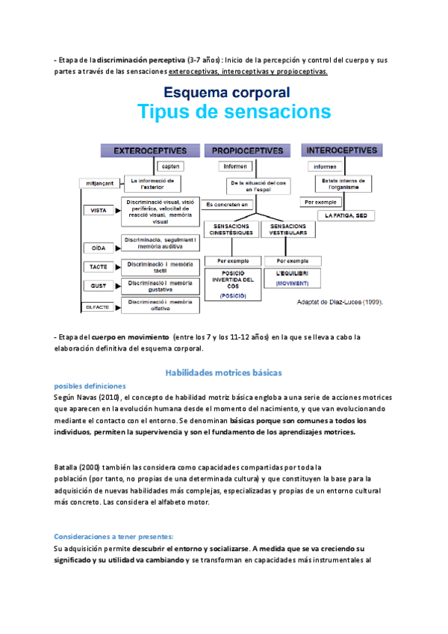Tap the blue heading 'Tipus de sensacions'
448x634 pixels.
coord(234,112)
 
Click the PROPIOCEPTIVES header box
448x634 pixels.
coord(249,151)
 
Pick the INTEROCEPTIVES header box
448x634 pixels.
coord(340,150)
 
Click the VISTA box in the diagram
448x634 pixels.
coord(98,211)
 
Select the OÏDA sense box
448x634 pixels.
coord(98,247)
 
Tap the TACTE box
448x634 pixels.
coord(98,266)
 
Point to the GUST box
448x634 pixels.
coord(98,285)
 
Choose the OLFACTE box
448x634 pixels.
coord(98,306)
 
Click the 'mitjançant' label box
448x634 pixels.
coord(99,183)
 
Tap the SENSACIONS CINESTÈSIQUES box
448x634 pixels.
coord(231,229)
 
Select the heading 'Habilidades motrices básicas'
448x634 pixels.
coord(223,372)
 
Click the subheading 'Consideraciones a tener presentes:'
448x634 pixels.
coord(113,536)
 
